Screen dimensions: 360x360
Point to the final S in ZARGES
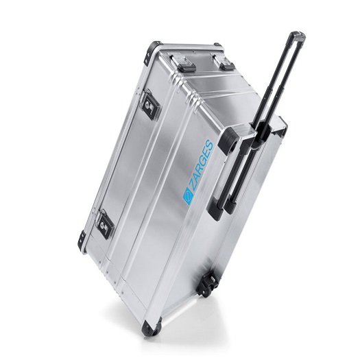209,145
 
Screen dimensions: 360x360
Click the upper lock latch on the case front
152,106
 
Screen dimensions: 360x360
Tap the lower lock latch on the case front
105,224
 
